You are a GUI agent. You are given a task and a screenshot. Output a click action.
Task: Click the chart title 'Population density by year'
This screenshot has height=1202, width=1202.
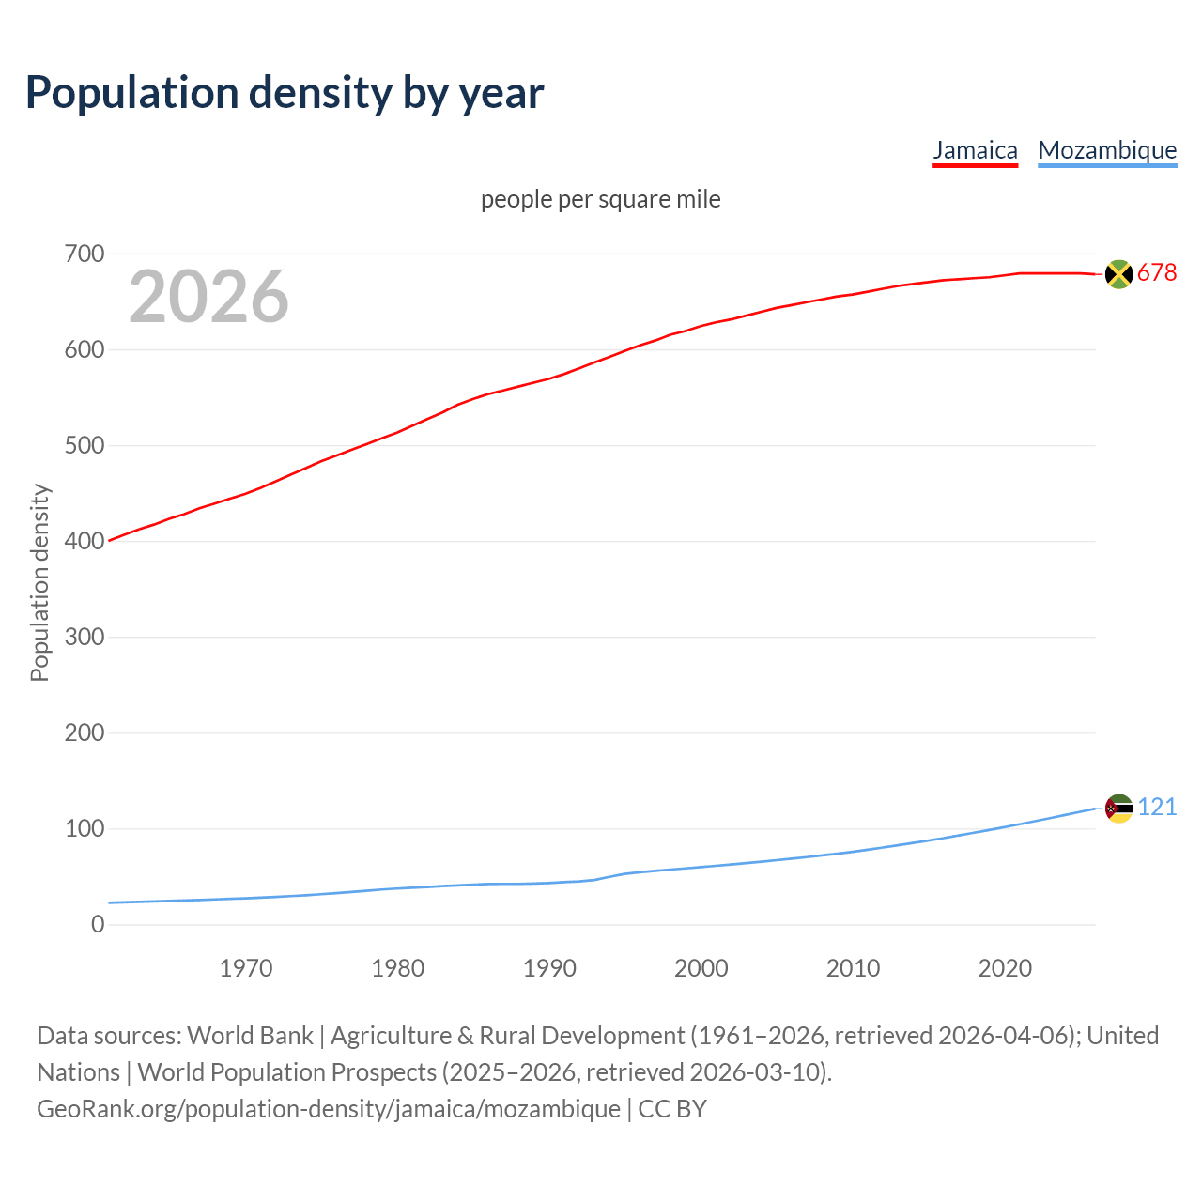pyautogui.click(x=285, y=93)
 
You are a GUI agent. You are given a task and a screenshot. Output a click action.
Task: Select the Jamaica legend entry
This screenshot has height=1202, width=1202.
pyautogui.click(x=975, y=150)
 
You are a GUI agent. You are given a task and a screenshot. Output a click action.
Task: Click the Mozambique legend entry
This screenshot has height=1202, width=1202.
pyautogui.click(x=1107, y=150)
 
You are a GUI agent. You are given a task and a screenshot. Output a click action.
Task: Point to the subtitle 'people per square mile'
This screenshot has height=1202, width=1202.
pyautogui.click(x=601, y=199)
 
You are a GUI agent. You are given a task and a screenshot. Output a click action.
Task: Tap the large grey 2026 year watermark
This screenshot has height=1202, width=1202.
pyautogui.click(x=208, y=297)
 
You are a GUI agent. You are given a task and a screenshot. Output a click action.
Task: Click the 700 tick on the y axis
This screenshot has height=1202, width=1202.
pyautogui.click(x=85, y=254)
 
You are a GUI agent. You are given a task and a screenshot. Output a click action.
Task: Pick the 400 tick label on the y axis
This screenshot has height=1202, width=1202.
pyautogui.click(x=85, y=541)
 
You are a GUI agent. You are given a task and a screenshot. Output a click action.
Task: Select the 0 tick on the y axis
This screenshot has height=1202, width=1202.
pyautogui.click(x=98, y=924)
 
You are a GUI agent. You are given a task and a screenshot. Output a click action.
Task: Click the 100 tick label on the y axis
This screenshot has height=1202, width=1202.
pyautogui.click(x=85, y=828)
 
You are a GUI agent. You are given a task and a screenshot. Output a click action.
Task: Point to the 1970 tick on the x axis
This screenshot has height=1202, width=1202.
pyautogui.click(x=246, y=968)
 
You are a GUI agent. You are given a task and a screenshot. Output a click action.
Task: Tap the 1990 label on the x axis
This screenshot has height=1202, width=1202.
pyautogui.click(x=549, y=968)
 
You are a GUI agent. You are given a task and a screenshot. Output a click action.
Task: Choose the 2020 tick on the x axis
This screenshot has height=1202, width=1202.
pyautogui.click(x=1005, y=968)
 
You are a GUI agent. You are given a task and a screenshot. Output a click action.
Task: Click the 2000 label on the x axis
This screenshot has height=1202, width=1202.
pyautogui.click(x=701, y=968)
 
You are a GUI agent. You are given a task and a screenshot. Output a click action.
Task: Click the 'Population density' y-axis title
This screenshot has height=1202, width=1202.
pyautogui.click(x=39, y=582)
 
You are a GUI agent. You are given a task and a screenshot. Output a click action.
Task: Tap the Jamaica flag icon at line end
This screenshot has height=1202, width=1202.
pyautogui.click(x=1118, y=273)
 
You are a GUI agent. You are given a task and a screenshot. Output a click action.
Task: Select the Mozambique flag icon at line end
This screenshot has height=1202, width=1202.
pyautogui.click(x=1118, y=808)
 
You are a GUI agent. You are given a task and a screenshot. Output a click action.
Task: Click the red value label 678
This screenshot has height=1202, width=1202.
pyautogui.click(x=1157, y=272)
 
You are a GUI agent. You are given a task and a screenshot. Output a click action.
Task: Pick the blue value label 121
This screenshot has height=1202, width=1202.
pyautogui.click(x=1157, y=808)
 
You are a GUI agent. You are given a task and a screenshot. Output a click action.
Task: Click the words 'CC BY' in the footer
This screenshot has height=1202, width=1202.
pyautogui.click(x=672, y=1109)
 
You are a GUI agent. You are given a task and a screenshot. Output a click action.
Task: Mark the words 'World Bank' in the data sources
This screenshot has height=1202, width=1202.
pyautogui.click(x=250, y=1036)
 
